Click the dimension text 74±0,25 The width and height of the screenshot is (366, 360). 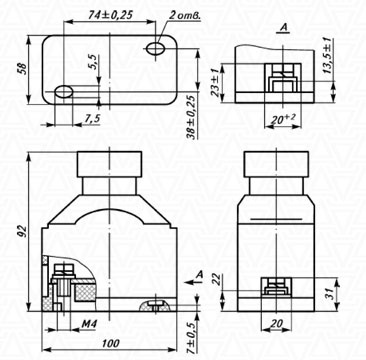click(111, 15)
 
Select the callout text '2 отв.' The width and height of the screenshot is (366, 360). click(185, 16)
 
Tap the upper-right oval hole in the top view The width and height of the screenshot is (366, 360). click(155, 48)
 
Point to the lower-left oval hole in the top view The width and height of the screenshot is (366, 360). click(64, 91)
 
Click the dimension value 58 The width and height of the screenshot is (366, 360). click(24, 69)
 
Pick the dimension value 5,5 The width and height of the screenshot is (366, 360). click(94, 62)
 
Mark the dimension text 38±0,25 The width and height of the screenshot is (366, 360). click(191, 119)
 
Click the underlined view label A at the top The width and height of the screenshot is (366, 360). click(284, 29)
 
